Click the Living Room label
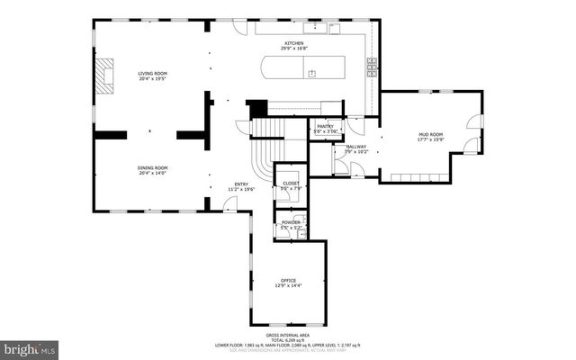point(152,73)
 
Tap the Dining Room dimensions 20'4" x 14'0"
point(152,173)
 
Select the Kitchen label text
point(294,43)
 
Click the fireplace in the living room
point(106,75)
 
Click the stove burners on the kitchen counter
point(371,66)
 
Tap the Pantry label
point(325,127)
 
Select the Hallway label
point(355,146)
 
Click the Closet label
point(291,183)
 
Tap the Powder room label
point(291,222)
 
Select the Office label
point(288,280)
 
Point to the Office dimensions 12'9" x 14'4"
point(288,286)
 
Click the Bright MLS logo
point(30,347)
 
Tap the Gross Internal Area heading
point(288,334)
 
